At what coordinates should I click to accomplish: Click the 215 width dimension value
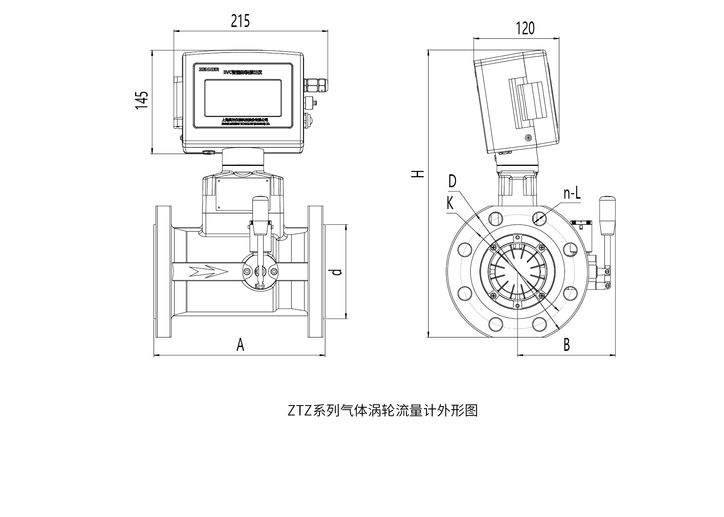240,21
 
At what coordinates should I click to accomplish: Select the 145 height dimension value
141,100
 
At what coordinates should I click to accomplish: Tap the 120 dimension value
525,28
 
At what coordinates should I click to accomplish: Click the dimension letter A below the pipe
240,345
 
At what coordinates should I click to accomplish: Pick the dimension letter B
566,345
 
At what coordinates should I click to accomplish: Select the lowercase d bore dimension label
336,272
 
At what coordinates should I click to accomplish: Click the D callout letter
452,182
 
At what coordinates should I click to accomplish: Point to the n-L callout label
572,193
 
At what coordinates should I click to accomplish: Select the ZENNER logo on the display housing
209,69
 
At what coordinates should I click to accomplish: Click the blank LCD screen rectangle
243,98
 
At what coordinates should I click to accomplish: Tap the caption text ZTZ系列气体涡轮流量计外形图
382,411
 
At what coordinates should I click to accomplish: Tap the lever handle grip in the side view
607,215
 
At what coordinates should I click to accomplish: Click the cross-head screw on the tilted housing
528,138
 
